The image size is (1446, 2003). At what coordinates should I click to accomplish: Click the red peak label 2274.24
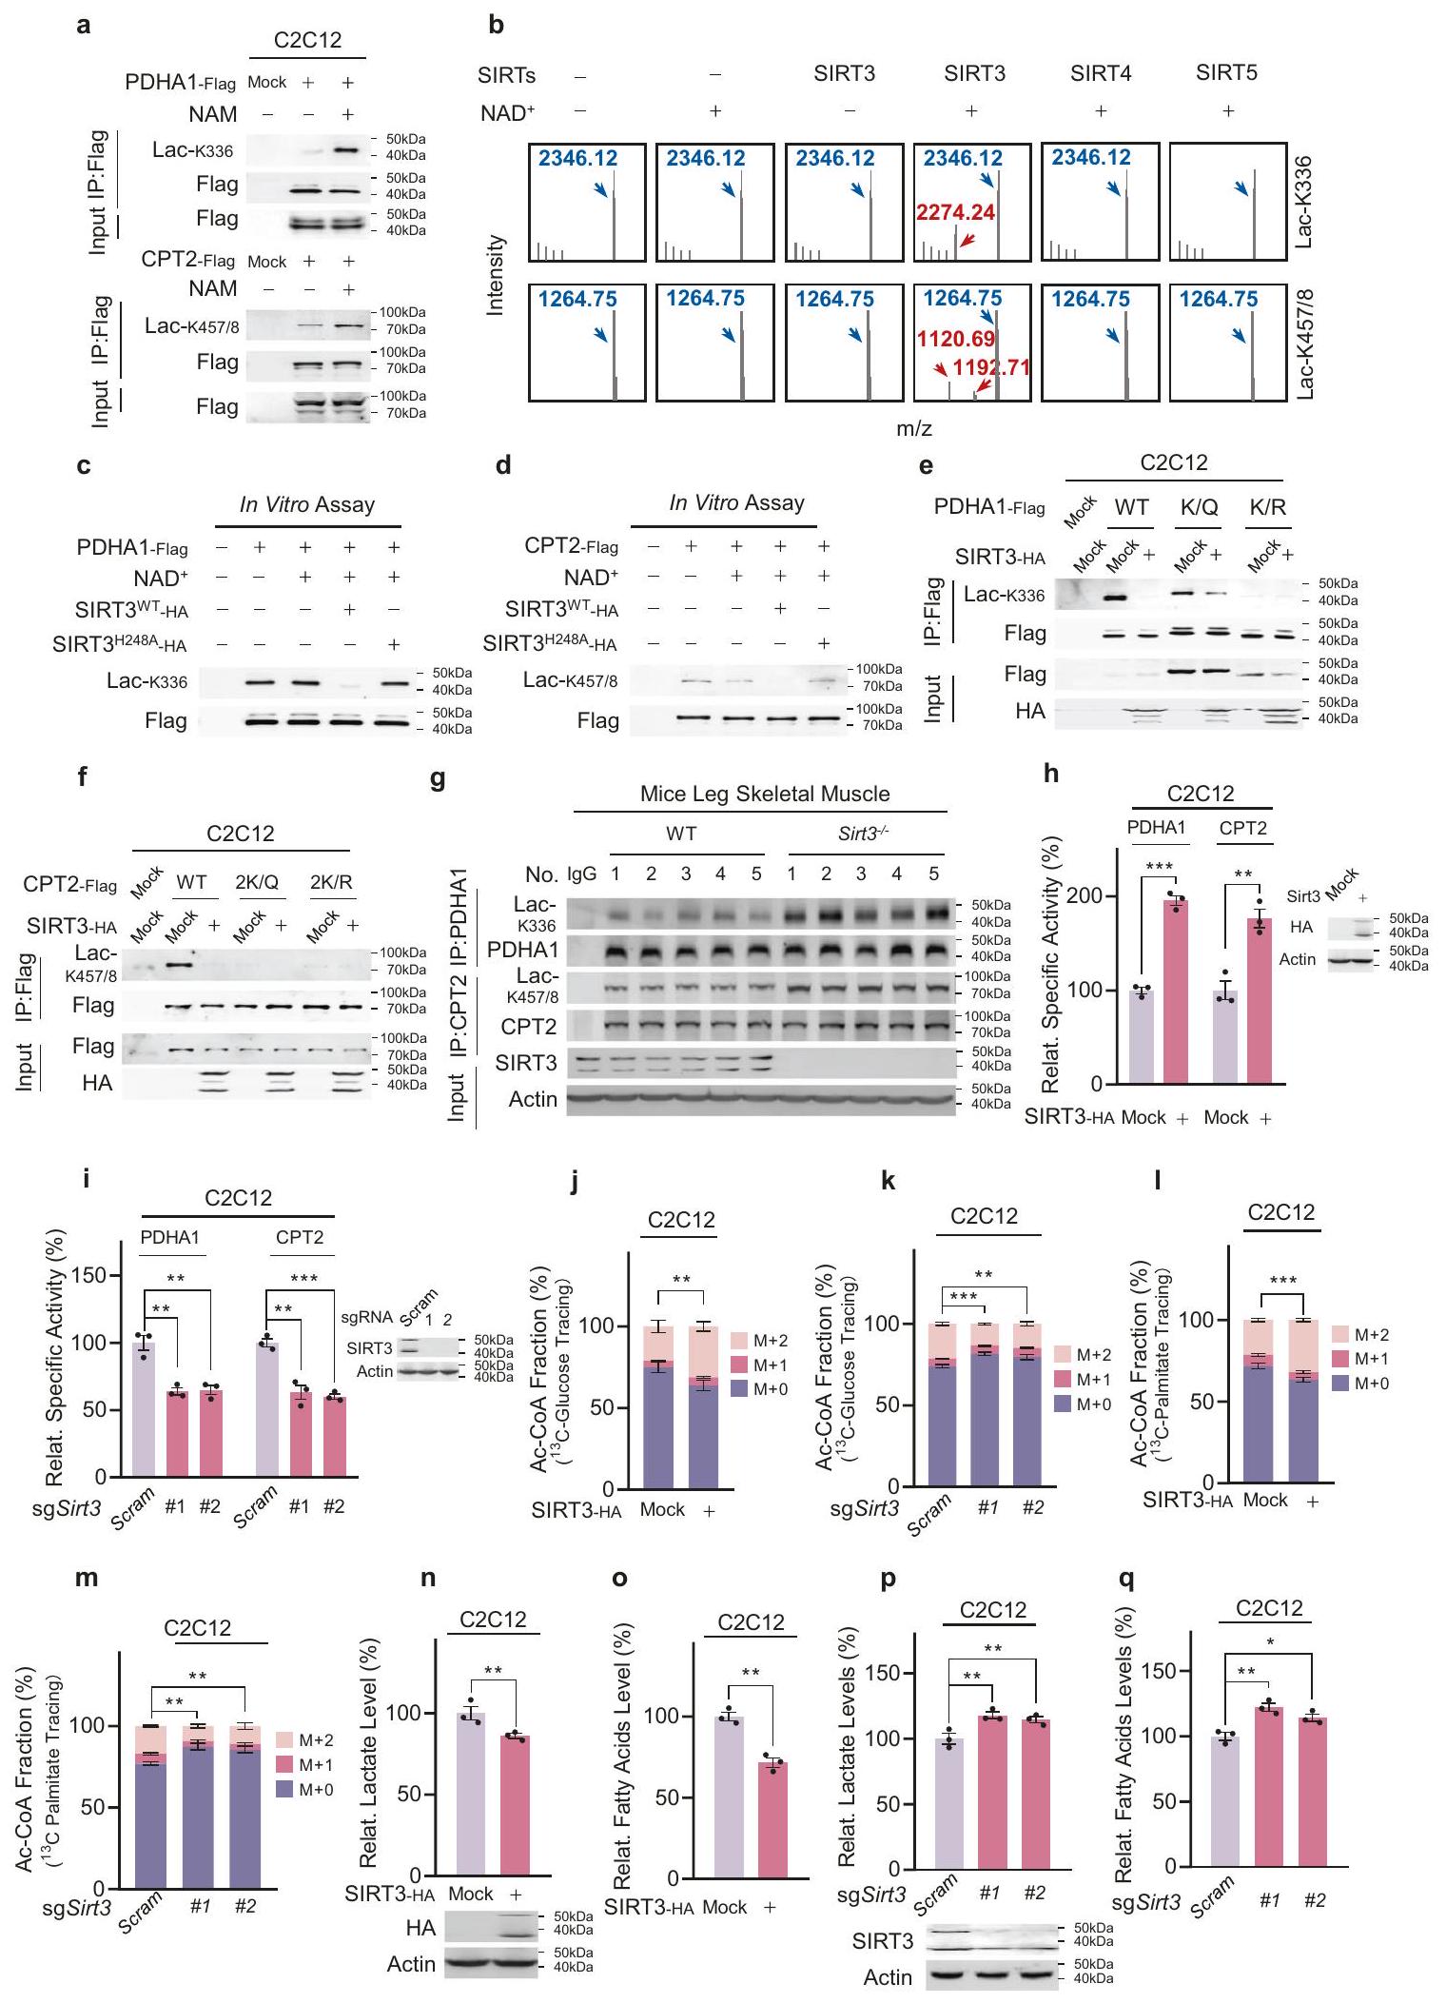coord(955,212)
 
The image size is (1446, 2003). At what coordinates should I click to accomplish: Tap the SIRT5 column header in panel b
coord(1226,73)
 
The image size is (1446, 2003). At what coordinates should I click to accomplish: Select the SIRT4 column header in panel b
coord(1100,73)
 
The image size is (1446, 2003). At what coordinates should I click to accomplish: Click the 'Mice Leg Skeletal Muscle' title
coord(765,794)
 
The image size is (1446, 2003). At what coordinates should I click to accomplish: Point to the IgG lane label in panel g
coord(581,874)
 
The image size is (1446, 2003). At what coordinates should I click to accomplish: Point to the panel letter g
coord(438,777)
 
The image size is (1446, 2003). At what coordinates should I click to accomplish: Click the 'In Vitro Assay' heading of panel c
coord(306,504)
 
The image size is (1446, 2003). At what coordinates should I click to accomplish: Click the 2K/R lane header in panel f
coord(331,882)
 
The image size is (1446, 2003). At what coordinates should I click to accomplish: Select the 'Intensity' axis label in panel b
coord(496,276)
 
